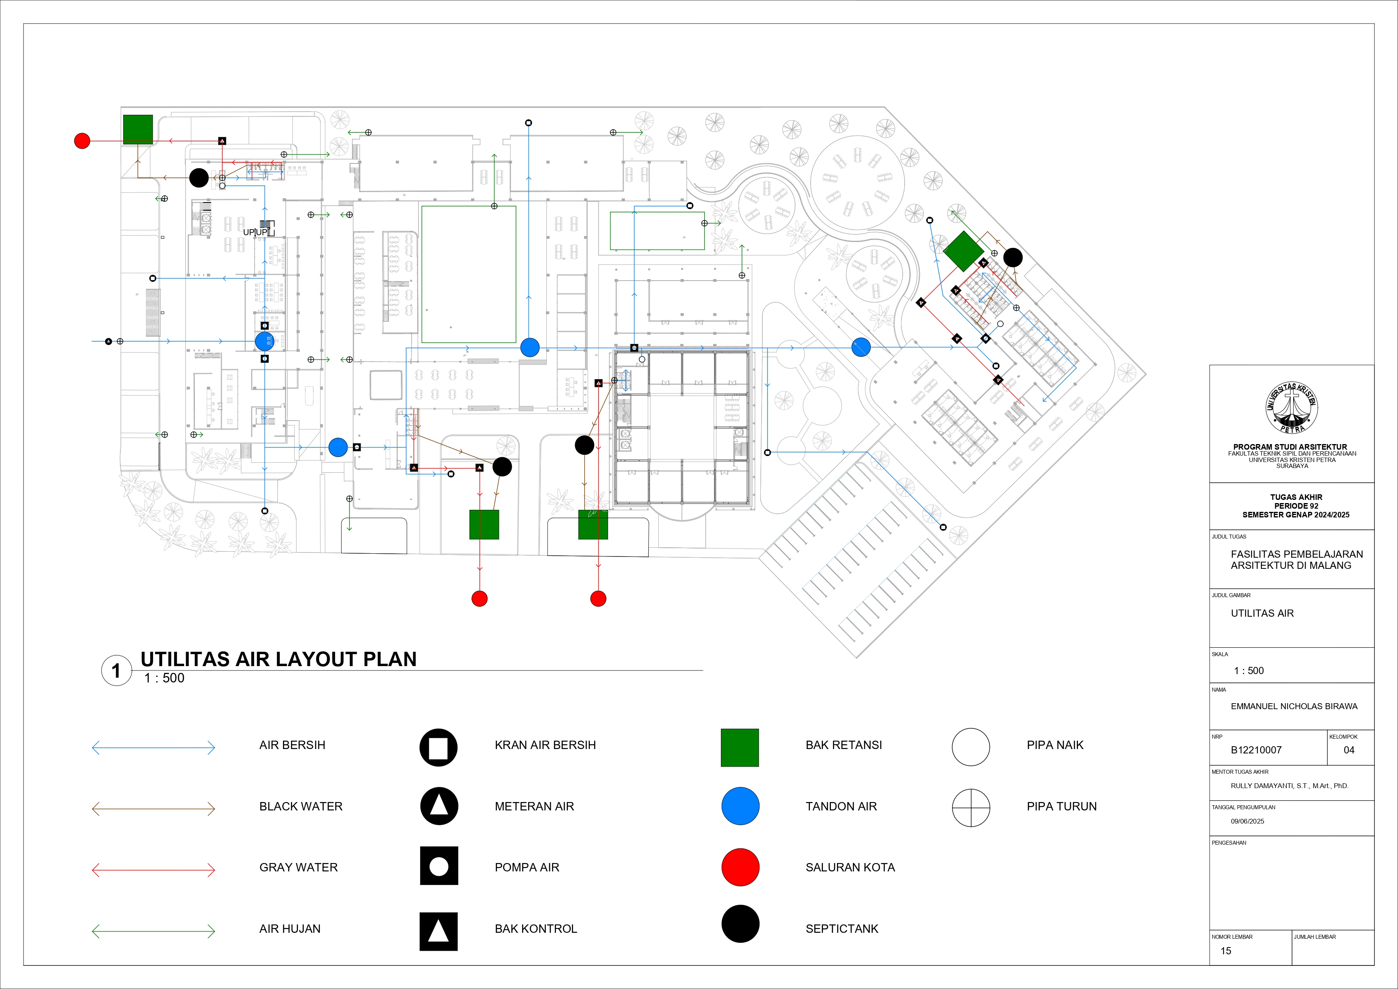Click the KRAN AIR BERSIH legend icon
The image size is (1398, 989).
coord(438,747)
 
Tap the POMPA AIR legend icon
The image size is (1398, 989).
coord(438,865)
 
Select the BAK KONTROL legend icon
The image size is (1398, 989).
coord(438,931)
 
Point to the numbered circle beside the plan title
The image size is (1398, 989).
coord(116,670)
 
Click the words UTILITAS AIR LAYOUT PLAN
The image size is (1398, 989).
coord(278,659)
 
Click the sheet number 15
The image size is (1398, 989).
coord(1226,951)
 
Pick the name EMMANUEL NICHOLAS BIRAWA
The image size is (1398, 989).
coord(1294,706)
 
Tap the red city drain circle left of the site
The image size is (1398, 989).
coord(82,141)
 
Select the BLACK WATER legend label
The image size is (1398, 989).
coord(301,806)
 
